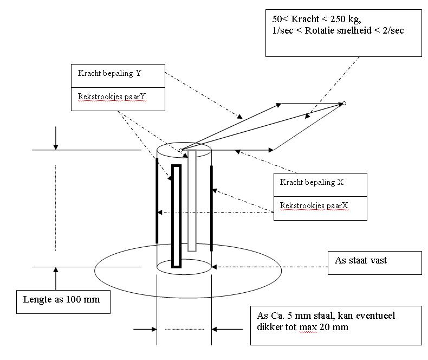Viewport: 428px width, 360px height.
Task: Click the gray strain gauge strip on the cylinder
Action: [x=191, y=201]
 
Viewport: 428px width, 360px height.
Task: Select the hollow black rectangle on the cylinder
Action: [x=176, y=216]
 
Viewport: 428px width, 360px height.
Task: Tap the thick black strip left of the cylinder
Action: [x=157, y=201]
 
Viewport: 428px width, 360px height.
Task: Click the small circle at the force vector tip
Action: [x=344, y=103]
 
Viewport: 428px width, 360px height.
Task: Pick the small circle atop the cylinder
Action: [x=181, y=150]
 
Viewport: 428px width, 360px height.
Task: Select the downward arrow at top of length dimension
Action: [x=55, y=140]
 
